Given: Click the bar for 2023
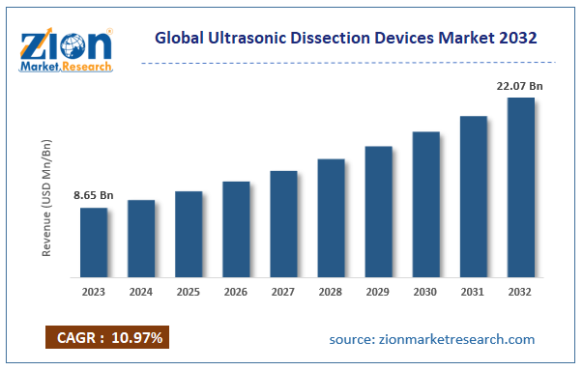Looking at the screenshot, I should coord(94,242).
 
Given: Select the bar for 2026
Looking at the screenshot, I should coord(236,228).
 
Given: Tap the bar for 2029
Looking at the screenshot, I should coord(378,211).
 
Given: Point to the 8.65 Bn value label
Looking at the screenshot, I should coord(94,196).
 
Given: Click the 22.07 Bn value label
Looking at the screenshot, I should coord(518,87).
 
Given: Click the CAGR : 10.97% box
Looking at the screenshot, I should coord(107,337).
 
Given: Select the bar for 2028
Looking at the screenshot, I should coord(331,217).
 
